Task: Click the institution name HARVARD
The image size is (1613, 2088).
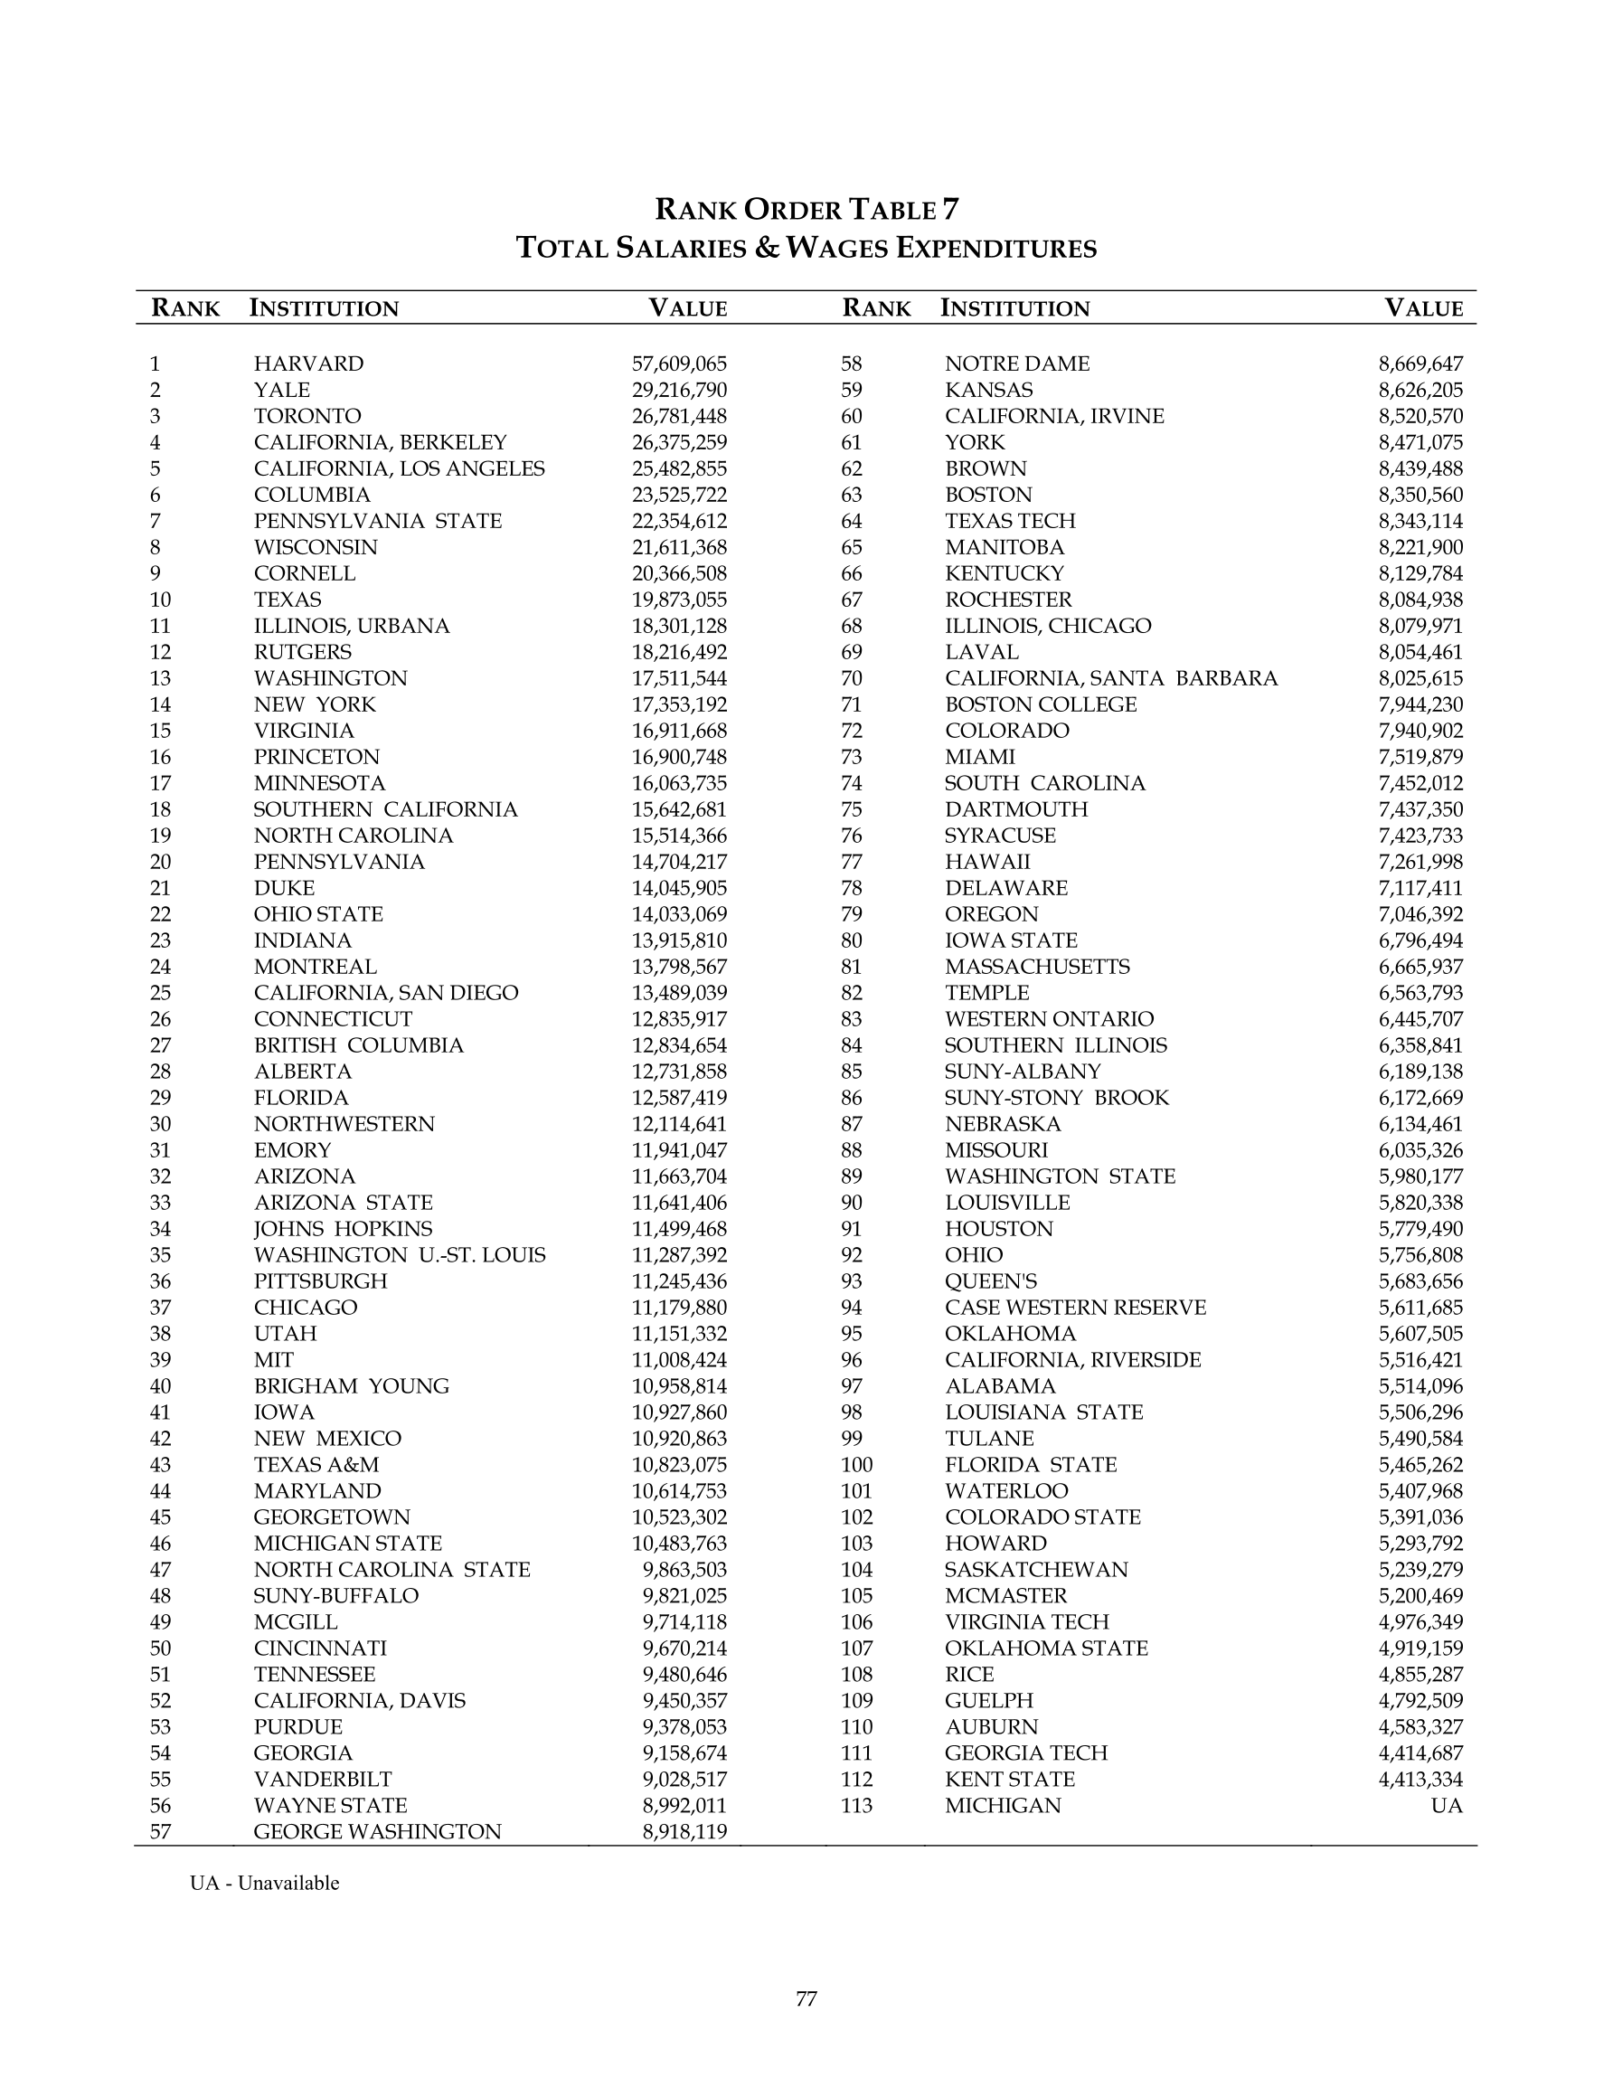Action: [308, 364]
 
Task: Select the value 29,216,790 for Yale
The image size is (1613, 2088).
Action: [679, 390]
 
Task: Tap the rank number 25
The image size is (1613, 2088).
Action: [160, 993]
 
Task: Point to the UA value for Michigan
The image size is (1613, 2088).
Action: [1447, 1806]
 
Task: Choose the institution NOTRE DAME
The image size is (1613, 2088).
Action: [1016, 364]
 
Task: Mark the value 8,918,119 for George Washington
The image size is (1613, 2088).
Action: [684, 1832]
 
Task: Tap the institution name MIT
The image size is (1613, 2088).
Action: [273, 1360]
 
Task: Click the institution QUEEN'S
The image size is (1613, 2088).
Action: [990, 1282]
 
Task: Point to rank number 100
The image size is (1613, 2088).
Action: [857, 1465]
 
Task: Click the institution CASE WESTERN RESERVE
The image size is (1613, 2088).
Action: [1075, 1308]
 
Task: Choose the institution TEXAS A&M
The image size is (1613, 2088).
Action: [316, 1465]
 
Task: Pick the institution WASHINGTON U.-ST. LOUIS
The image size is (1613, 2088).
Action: [399, 1255]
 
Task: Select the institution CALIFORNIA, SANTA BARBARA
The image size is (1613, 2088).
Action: [1110, 679]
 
